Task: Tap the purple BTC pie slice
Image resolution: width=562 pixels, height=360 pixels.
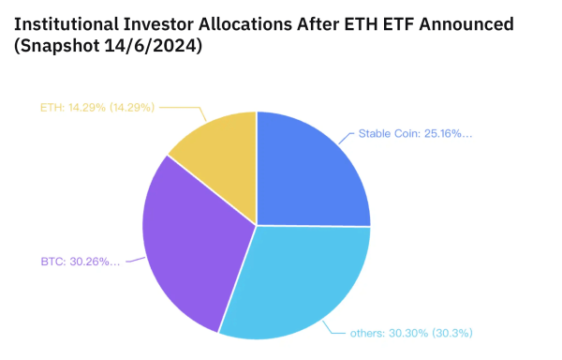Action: click(187, 248)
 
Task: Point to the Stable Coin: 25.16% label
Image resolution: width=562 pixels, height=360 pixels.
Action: click(415, 134)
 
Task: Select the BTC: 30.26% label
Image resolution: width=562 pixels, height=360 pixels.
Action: click(81, 261)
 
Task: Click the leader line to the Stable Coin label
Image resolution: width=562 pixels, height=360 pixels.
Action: click(345, 137)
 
